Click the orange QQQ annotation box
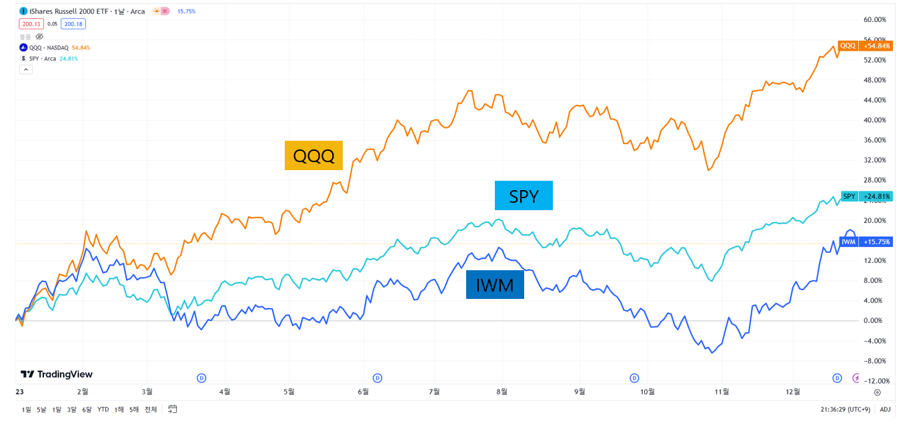313,155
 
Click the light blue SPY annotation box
524,195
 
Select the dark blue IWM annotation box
495,285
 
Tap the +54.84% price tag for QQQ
876,46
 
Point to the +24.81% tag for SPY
876,196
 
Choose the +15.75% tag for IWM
876,242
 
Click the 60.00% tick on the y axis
875,20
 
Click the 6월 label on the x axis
363,392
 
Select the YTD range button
103,409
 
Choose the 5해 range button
133,409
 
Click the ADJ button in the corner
885,409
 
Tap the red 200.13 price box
31,24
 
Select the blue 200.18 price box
73,24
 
